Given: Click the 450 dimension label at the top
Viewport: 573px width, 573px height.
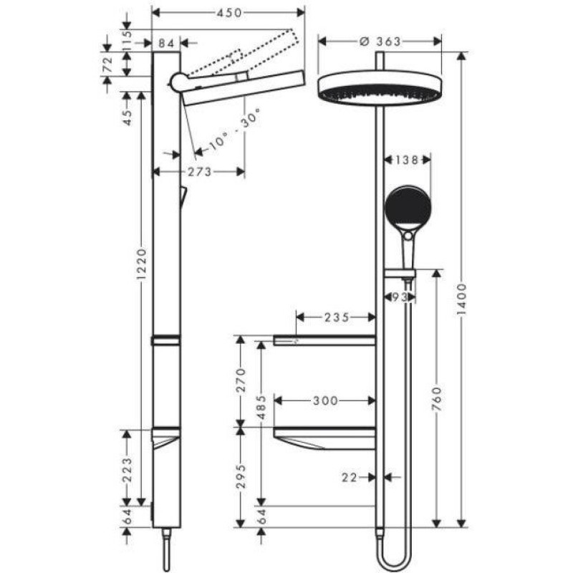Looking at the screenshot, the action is [229, 13].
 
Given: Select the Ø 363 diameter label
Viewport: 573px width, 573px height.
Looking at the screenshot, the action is [380, 42].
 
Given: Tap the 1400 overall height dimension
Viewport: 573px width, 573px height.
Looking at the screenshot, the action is [462, 299].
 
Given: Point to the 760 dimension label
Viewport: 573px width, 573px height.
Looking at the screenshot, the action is [437, 399].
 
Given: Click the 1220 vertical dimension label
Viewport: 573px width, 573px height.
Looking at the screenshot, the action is [141, 264].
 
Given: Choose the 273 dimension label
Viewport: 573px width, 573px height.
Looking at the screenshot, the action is [200, 171].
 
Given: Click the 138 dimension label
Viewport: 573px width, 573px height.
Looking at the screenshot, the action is [407, 160].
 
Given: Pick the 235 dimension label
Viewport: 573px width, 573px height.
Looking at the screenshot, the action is [337, 317].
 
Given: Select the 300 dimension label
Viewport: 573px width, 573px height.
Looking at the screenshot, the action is [325, 401].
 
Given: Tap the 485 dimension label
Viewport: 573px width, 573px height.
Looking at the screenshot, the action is [261, 408].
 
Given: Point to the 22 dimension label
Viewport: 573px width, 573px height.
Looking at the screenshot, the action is [350, 477].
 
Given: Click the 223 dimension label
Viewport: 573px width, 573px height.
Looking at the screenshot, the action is [127, 470].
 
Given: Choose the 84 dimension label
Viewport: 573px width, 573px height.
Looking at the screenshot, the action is [166, 43].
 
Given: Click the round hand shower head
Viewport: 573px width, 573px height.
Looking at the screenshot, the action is [408, 208].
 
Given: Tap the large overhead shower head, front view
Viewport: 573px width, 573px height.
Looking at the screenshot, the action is [380, 89].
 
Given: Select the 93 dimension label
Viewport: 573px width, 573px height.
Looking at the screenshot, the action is [400, 297].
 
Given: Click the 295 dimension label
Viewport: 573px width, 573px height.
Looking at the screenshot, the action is [241, 476].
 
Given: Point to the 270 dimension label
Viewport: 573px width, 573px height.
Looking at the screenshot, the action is [241, 380].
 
